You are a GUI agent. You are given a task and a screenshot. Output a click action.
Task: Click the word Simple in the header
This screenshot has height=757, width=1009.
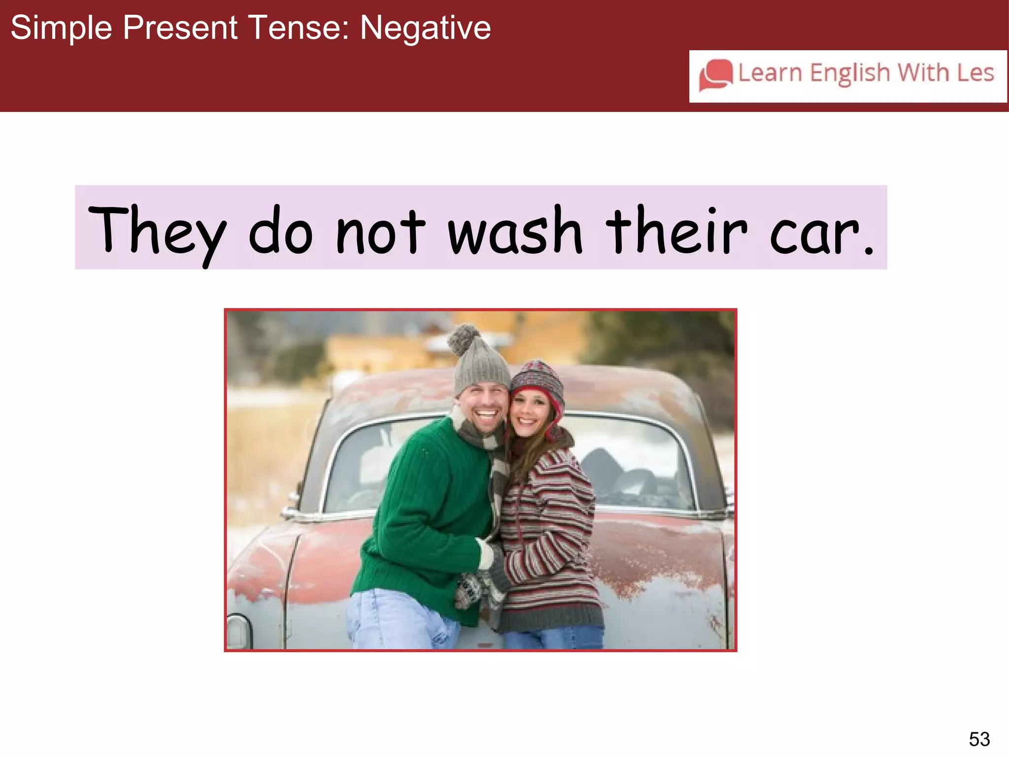pos(61,28)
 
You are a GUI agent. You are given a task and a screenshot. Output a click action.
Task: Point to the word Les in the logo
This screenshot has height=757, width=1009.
pos(975,73)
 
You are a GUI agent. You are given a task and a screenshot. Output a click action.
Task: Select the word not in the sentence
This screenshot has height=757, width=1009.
pos(380,231)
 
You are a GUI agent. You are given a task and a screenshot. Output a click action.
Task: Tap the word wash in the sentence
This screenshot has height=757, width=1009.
pos(514,231)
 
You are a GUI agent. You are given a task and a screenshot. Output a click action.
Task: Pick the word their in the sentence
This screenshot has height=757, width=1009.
pos(676,231)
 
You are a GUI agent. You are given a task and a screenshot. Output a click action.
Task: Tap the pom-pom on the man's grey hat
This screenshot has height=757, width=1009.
pos(463,339)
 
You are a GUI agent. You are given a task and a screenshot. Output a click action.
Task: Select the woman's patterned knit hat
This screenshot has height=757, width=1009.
pos(538,381)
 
